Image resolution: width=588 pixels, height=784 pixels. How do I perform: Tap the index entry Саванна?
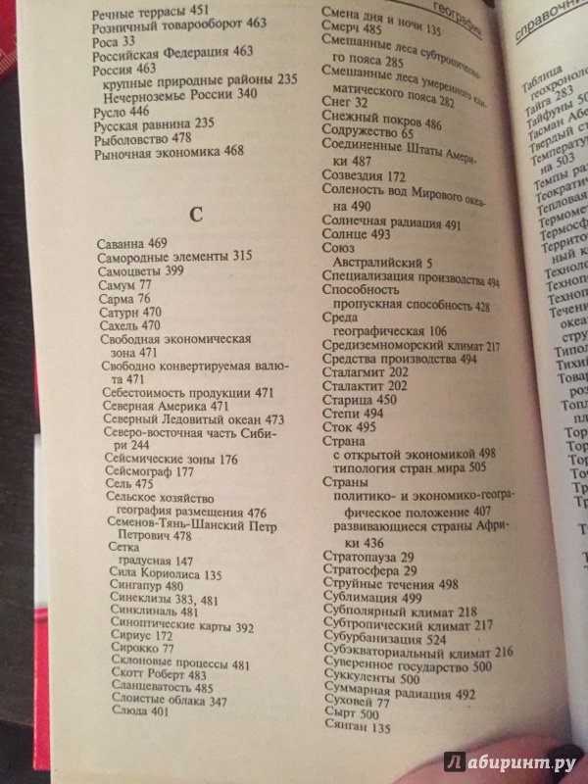point(123,241)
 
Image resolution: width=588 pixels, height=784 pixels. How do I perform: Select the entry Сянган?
point(343,729)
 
